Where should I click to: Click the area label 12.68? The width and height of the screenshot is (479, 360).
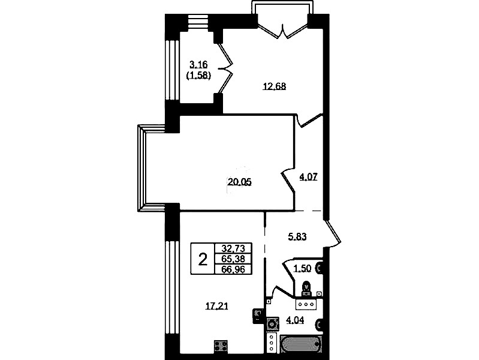(x=275, y=86)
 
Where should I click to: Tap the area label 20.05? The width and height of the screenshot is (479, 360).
(x=240, y=182)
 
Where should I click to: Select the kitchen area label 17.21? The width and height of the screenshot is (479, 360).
(x=216, y=306)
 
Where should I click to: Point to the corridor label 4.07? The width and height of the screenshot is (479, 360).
(x=308, y=176)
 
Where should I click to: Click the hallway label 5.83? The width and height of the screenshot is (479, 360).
(x=297, y=236)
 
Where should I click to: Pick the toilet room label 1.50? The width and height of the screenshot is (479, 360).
(x=302, y=269)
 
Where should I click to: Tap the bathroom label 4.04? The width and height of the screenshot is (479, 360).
(x=295, y=320)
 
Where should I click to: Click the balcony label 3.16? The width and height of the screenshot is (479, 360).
(x=198, y=65)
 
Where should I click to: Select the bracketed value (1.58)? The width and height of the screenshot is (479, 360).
(x=198, y=75)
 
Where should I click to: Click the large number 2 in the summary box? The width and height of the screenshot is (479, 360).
(x=203, y=260)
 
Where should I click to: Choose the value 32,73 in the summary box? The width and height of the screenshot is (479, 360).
(x=233, y=248)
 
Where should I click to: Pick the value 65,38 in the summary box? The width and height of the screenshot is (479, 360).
(x=233, y=259)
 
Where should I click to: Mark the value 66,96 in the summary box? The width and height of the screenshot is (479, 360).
(x=233, y=269)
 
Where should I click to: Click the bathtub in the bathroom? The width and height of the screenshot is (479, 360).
(x=301, y=345)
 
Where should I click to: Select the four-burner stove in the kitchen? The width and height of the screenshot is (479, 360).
(x=221, y=346)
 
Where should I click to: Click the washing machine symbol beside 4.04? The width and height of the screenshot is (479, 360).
(x=273, y=324)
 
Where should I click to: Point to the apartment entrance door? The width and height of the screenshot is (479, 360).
(x=333, y=233)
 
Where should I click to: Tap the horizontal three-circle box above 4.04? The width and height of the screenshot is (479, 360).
(x=306, y=304)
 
